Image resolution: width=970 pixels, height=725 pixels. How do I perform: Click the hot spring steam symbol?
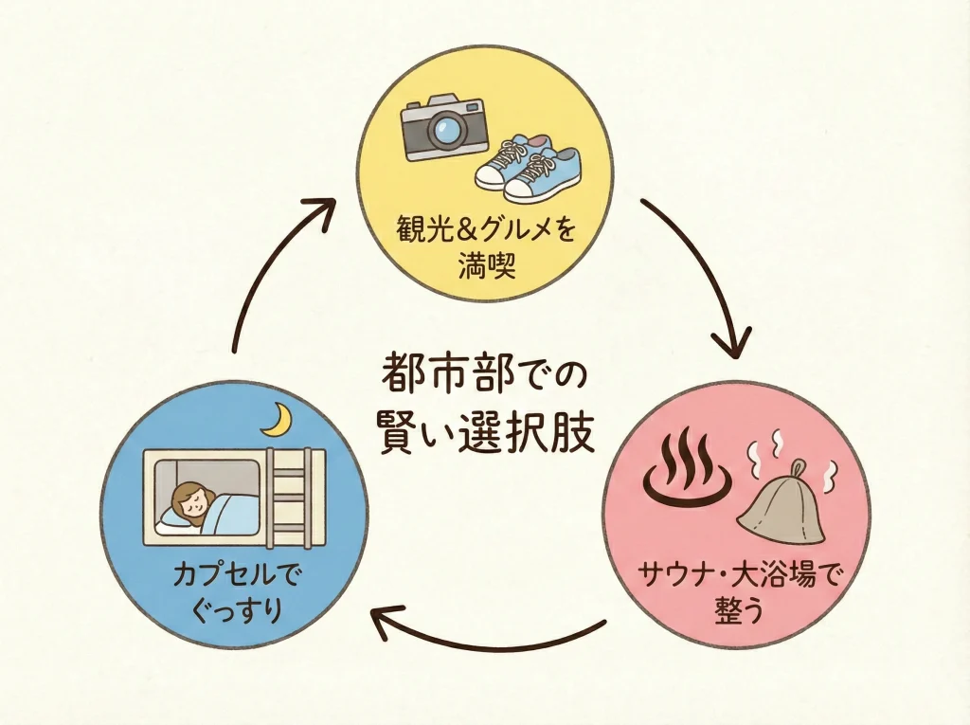coord(684,469)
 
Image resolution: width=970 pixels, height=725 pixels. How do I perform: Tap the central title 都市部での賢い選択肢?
coord(486,407)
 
